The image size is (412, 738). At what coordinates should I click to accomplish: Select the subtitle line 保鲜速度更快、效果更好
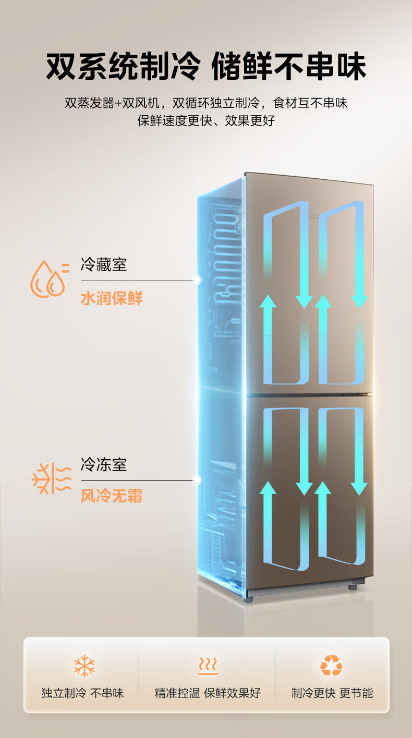(206, 120)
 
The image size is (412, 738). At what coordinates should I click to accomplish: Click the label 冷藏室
(104, 265)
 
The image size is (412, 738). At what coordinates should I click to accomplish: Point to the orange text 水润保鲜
(112, 298)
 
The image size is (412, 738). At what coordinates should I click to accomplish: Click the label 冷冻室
(104, 464)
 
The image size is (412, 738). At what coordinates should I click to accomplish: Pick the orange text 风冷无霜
(112, 496)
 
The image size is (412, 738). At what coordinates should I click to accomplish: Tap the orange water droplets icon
(50, 279)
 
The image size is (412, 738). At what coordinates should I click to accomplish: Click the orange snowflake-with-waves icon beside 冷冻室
(52, 478)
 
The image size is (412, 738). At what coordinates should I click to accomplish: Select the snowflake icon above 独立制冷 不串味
(84, 666)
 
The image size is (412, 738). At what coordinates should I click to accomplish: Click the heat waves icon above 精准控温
(208, 666)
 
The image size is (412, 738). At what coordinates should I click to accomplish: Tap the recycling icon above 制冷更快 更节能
(331, 666)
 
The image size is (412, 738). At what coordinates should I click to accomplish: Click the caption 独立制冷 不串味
(82, 693)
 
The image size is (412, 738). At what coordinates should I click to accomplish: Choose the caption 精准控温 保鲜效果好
(208, 693)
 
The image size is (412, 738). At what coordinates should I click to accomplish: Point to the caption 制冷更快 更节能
(332, 693)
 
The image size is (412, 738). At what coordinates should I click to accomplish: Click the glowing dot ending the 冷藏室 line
(197, 280)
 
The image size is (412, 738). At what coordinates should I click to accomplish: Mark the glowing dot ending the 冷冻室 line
(197, 480)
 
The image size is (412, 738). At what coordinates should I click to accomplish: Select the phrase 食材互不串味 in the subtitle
(310, 103)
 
